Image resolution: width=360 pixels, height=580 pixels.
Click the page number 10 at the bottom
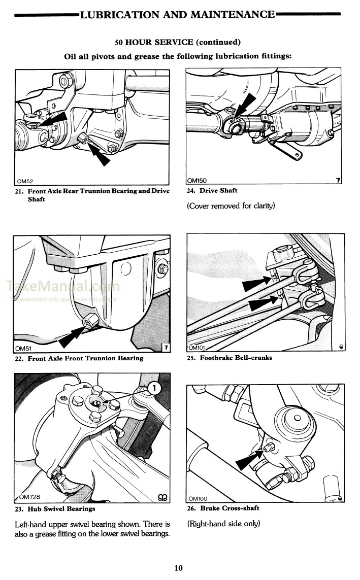pyautogui.click(x=178, y=568)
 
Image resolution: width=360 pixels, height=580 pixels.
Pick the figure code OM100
pyautogui.click(x=199, y=499)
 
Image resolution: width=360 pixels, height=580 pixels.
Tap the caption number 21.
pyautogui.click(x=20, y=191)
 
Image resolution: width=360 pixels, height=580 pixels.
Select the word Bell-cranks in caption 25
pyautogui.click(x=253, y=358)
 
